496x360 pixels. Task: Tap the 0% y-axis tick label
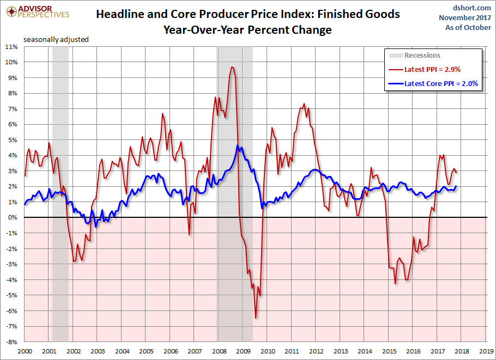[14, 217]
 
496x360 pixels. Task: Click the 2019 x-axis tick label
[487, 351]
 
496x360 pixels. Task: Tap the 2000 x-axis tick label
[25, 351]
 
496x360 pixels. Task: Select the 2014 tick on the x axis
[366, 351]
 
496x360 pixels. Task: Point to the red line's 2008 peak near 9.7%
[232, 67]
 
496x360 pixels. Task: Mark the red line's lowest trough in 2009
[256, 318]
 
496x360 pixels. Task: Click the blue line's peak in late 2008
[238, 145]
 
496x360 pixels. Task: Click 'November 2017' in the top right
[465, 17]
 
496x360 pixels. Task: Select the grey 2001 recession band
[60, 191]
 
